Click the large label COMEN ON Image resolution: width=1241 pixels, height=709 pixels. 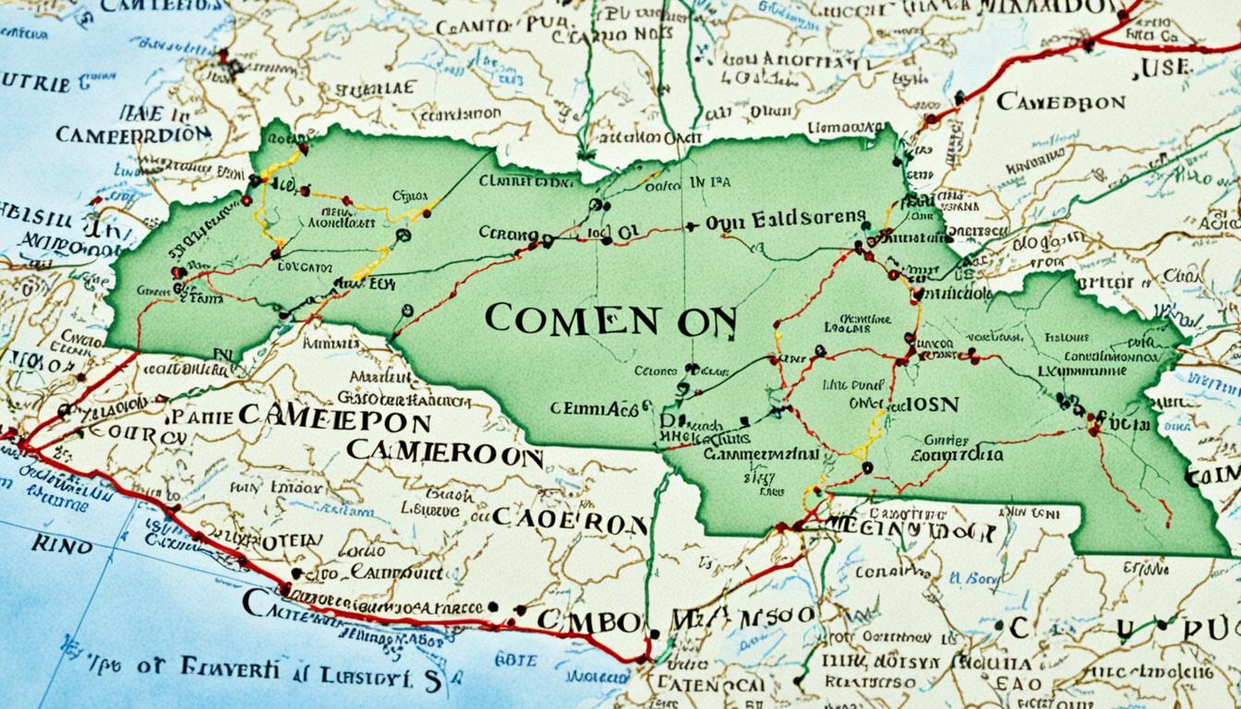[610, 319]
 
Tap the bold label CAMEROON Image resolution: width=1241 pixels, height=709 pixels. [444, 455]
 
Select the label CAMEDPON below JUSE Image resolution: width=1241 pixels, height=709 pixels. [1062, 101]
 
